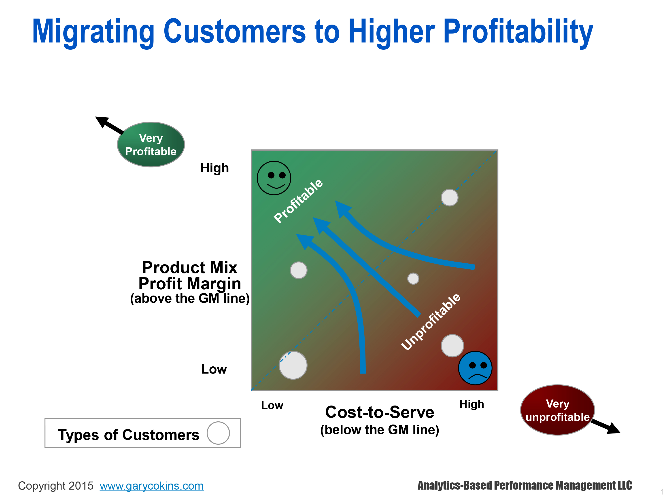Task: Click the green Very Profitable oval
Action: [151, 145]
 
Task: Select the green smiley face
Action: [274, 178]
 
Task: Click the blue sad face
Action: [475, 368]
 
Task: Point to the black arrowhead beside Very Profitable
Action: [102, 122]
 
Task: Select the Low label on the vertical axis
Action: [214, 369]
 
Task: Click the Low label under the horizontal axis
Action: [272, 405]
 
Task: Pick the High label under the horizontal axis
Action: [472, 404]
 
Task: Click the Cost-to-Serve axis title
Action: [380, 412]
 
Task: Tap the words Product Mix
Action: [190, 267]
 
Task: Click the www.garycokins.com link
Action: [151, 486]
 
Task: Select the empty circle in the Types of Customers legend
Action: [218, 433]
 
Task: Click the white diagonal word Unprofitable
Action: [431, 321]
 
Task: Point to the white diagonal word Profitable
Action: [298, 201]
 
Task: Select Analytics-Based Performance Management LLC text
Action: [525, 485]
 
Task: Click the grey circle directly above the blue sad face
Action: [452, 346]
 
